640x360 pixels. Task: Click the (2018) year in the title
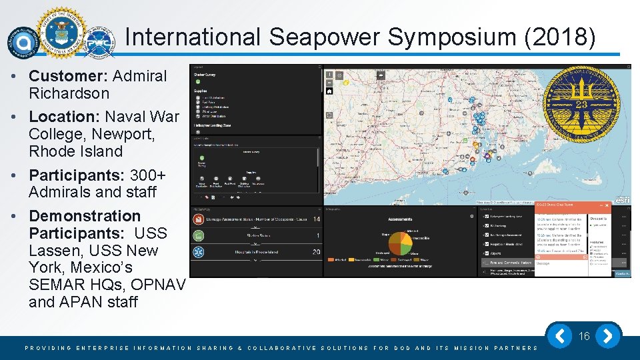click(561, 37)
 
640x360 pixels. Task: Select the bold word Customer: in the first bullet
click(69, 76)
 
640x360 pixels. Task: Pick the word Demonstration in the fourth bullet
click(85, 216)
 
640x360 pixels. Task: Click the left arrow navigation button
click(561, 336)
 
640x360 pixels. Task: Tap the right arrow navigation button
click(608, 336)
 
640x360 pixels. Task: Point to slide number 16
click(585, 337)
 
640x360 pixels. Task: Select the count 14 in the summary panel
click(316, 219)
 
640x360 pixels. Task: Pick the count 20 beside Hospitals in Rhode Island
click(316, 252)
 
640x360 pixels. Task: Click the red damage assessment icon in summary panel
click(199, 219)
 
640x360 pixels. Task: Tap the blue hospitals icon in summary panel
click(199, 252)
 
